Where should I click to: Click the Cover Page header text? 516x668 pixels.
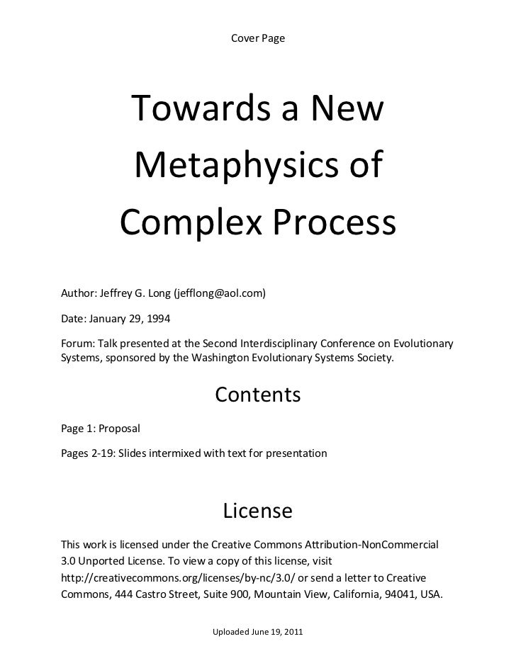point(258,37)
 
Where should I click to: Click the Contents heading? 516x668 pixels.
point(258,395)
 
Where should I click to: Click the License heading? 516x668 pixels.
point(258,511)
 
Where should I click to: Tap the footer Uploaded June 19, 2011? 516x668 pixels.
point(258,631)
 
